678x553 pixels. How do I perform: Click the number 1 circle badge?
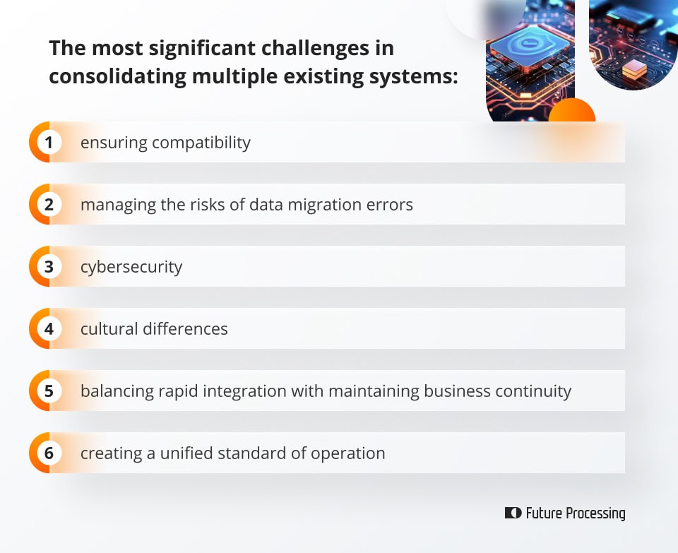pyautogui.click(x=49, y=143)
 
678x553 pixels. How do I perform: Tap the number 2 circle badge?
pyautogui.click(x=49, y=205)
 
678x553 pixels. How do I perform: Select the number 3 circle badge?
pyautogui.click(x=49, y=267)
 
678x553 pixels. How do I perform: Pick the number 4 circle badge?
pyautogui.click(x=49, y=329)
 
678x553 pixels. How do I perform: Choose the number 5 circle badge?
pyautogui.click(x=49, y=391)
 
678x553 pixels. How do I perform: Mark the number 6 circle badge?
pyautogui.click(x=49, y=453)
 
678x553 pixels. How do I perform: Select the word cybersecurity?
pyautogui.click(x=131, y=268)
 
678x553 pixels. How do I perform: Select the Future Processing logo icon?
pyautogui.click(x=513, y=513)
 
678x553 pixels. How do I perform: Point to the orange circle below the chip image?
pyautogui.click(x=571, y=112)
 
